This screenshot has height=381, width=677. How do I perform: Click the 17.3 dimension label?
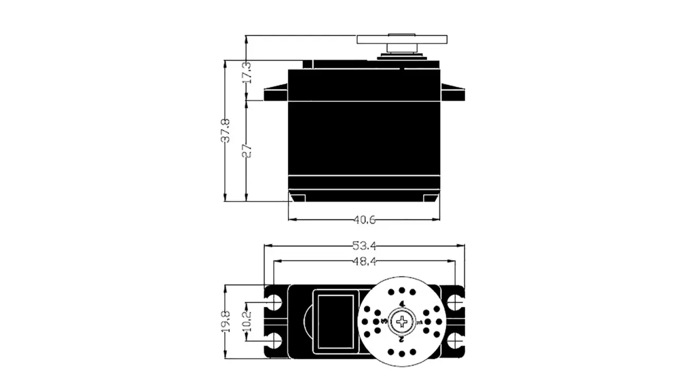[246, 72]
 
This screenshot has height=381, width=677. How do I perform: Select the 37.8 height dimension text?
[225, 131]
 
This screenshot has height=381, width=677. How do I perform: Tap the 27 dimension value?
[246, 151]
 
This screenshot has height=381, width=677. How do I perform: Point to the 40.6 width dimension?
[364, 220]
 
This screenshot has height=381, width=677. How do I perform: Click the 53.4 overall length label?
[364, 246]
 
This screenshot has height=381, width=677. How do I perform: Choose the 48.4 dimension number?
[364, 261]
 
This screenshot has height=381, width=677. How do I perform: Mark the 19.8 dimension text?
[225, 322]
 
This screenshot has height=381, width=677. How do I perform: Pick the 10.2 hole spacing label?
[246, 321]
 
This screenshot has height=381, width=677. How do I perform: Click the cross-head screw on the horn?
[401, 322]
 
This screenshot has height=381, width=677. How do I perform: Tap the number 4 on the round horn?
[402, 304]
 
